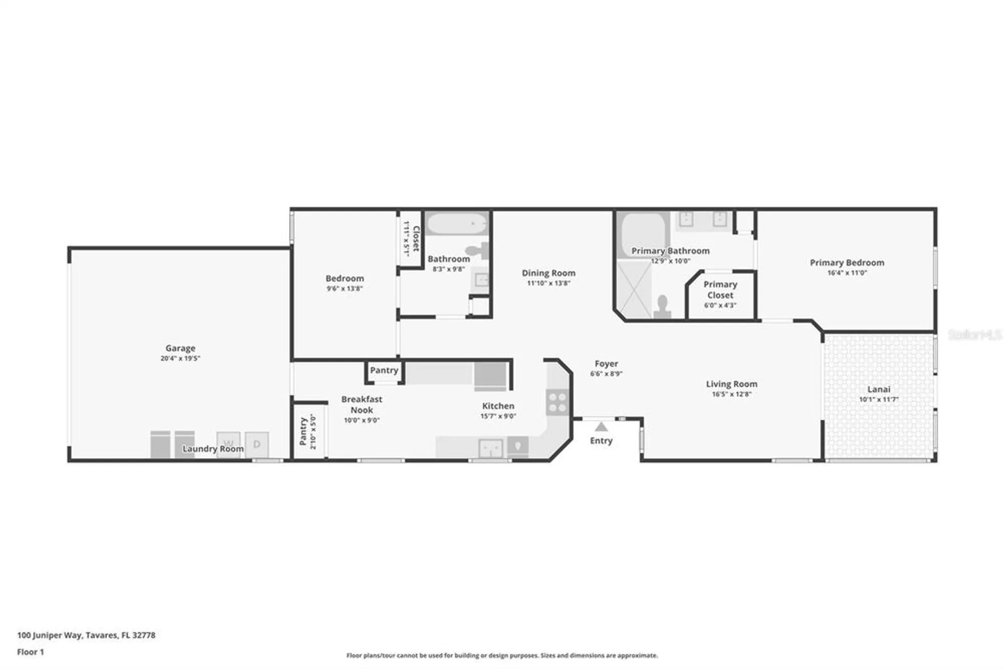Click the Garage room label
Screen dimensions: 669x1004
tap(180, 348)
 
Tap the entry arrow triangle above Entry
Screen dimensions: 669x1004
tap(601, 427)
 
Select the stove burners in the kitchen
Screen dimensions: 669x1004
tap(557, 402)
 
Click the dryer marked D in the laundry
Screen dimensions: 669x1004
tap(257, 444)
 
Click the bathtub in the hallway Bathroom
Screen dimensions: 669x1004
tap(457, 224)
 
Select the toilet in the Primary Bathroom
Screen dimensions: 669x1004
tap(662, 307)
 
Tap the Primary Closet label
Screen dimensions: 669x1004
tap(720, 290)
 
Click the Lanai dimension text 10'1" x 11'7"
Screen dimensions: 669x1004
tap(878, 400)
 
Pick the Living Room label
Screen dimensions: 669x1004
tap(731, 384)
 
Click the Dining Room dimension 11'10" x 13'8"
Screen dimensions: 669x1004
tap(548, 283)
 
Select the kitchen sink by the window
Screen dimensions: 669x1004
tap(490, 448)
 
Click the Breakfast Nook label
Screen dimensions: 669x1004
tap(361, 404)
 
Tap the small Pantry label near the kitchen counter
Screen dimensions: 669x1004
tap(384, 371)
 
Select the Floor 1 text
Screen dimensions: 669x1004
tap(31, 652)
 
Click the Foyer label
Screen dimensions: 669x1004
tap(606, 364)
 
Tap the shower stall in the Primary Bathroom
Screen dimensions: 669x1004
tap(634, 290)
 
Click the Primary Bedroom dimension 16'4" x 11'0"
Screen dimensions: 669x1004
tap(847, 273)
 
